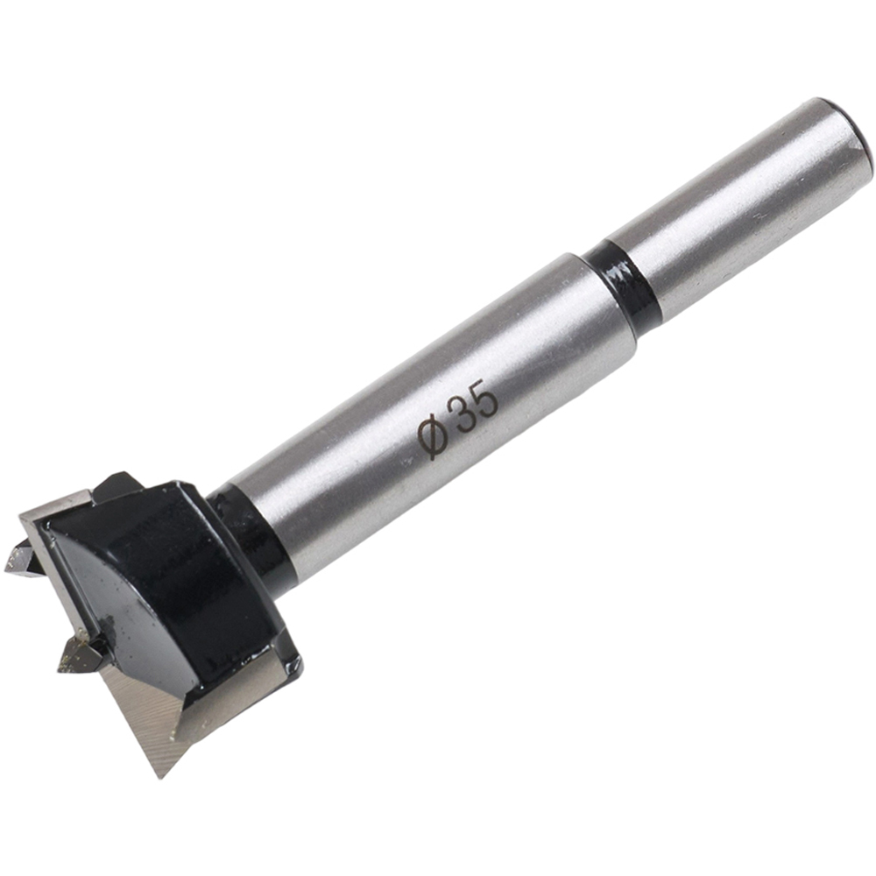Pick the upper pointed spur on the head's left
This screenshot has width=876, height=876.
pos(22,561)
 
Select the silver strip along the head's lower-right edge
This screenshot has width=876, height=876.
pos(237,692)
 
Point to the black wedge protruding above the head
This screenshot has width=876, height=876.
pos(118,486)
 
